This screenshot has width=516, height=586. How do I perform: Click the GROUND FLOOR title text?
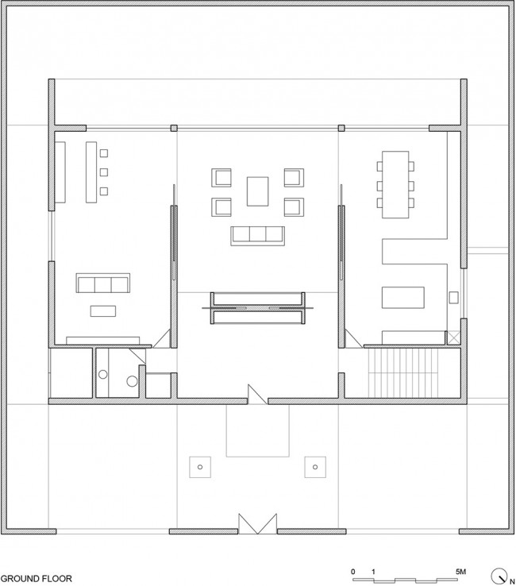point(37,579)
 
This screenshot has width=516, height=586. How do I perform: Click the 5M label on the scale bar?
point(460,572)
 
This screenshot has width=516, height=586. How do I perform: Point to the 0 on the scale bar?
point(353,572)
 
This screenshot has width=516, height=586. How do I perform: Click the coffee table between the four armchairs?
point(257,191)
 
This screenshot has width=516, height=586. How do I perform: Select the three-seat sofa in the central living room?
point(257,236)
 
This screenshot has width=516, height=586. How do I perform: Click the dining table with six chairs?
point(395,184)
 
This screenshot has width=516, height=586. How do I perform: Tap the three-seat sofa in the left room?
point(103,283)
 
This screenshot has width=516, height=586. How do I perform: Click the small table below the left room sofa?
point(103,311)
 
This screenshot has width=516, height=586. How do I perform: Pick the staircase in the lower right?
point(403,372)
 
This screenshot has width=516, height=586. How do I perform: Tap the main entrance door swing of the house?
point(257,395)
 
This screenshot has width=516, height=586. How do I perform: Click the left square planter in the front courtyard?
point(200,467)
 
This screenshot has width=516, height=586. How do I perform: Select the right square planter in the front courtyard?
point(315,467)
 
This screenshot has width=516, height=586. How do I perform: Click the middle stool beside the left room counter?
point(104,172)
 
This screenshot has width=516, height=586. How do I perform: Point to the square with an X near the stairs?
point(453,337)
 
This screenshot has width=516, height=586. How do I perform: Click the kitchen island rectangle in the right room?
point(402,298)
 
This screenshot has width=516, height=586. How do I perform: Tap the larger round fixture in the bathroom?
point(132,381)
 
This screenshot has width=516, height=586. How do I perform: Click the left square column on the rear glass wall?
point(174,128)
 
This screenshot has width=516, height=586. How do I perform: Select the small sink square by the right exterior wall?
point(453,298)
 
